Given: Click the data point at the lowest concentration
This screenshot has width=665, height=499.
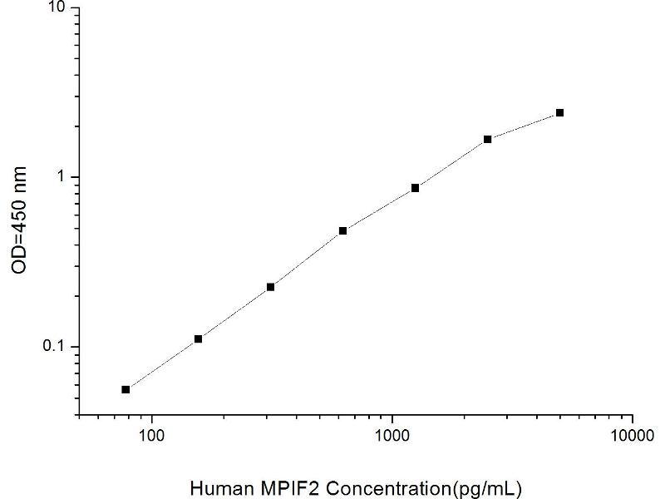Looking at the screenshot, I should tap(126, 389).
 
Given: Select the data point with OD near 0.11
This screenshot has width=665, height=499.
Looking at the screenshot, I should tap(198, 338).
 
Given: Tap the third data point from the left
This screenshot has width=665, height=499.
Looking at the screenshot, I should tap(270, 287).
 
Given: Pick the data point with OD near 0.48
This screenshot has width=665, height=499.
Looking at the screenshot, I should tap(342, 230).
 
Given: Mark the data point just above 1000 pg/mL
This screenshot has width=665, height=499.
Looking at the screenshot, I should tap(415, 188).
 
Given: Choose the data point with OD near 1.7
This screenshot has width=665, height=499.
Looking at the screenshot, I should tap(487, 139).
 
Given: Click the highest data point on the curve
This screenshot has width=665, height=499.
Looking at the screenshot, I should tap(559, 112).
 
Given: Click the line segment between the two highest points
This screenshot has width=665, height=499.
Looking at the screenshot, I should tap(524, 126).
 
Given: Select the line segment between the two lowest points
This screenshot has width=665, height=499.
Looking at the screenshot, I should tap(162, 363).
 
